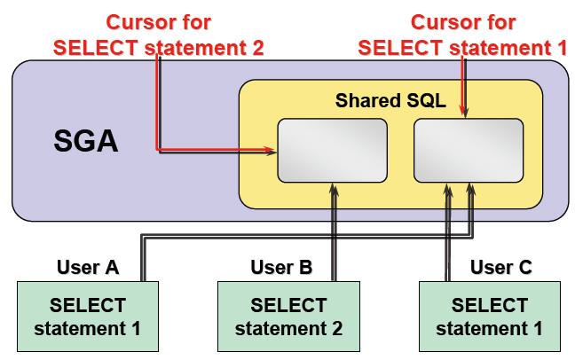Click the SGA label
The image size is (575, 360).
point(86,142)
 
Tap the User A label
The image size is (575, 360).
point(88,267)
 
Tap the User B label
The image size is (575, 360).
point(280,267)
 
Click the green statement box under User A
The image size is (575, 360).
point(88,317)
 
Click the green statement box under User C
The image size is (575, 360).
point(490,317)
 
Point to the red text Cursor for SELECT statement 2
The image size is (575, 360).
point(159,35)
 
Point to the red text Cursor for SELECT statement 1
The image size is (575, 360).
point(462,35)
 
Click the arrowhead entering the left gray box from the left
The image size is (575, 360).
point(272,153)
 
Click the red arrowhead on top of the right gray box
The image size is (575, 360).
point(462,112)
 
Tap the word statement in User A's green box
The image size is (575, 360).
point(78,329)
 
